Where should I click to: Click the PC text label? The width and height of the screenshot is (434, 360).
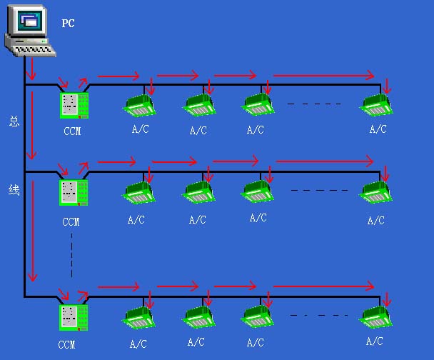[x=68, y=24]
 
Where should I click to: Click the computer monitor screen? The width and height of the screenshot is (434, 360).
[x=29, y=21]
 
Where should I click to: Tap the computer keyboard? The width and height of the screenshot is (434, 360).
[x=34, y=50]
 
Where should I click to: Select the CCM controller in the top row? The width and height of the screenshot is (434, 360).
[x=74, y=106]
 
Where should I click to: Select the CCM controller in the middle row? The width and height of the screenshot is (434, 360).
[x=74, y=193]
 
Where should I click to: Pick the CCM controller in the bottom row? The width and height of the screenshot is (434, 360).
[x=74, y=318]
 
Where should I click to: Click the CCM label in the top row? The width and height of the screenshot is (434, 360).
[x=72, y=131]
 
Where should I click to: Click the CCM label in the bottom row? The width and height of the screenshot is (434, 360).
[x=66, y=345]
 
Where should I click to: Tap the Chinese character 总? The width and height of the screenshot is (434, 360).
[x=14, y=121]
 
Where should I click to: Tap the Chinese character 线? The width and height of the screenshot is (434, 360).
[x=14, y=190]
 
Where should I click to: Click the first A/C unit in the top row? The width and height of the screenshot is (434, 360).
[x=139, y=106]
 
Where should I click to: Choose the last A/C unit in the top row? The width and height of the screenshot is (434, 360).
[x=376, y=105]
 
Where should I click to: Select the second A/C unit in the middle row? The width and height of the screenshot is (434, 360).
[x=198, y=192]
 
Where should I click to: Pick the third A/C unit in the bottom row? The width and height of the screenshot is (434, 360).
[x=257, y=317]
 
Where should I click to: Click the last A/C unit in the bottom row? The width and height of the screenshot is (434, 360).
[x=375, y=317]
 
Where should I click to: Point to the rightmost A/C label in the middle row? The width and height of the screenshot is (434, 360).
[x=376, y=221]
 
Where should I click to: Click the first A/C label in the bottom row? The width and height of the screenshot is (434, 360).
[x=138, y=344]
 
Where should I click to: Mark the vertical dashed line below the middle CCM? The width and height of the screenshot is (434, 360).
[x=71, y=255]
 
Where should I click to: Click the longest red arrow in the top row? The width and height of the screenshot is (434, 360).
[x=324, y=75]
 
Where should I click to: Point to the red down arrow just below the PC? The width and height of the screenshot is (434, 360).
[x=31, y=69]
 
